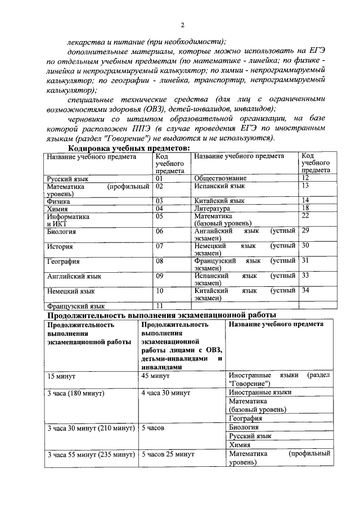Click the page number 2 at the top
tap(182, 24)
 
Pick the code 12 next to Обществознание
tap(305, 178)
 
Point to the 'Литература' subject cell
tap(212, 208)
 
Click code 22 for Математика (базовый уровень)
tap(305, 215)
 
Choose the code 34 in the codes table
tap(305, 291)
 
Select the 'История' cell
tap(59, 246)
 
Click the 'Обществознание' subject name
tap(220, 178)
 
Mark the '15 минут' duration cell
tap(62, 375)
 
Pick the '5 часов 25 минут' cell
tap(168, 453)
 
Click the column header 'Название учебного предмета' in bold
tap(276, 325)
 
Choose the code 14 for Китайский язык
tap(305, 200)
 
